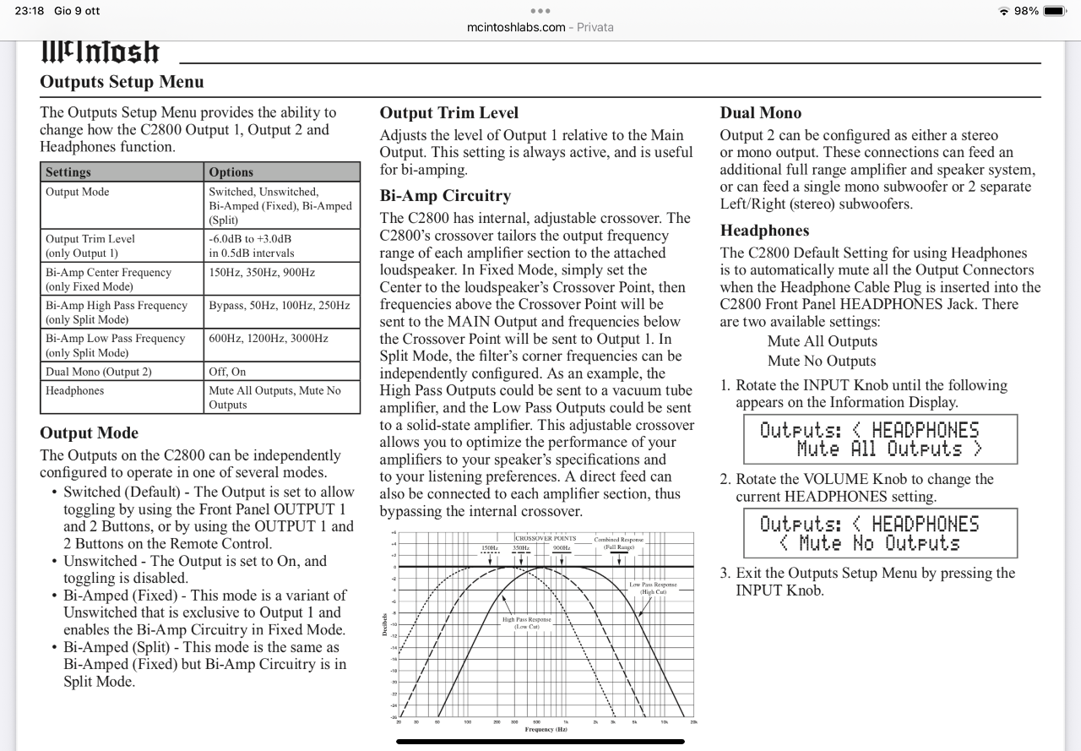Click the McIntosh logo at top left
click(x=100, y=52)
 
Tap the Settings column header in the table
click(x=68, y=171)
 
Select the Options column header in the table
click(x=231, y=171)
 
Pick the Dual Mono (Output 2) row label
click(x=99, y=371)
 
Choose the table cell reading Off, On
click(x=227, y=371)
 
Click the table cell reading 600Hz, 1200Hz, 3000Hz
click(x=268, y=338)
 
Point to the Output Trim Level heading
click(x=448, y=112)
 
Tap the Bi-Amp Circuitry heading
click(x=445, y=195)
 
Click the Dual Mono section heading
click(x=760, y=112)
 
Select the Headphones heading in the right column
click(x=764, y=230)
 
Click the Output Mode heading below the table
click(x=89, y=433)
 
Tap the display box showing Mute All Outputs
click(x=868, y=439)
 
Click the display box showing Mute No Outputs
click(x=868, y=533)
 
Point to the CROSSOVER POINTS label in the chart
click(x=546, y=538)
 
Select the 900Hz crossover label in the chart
click(x=562, y=548)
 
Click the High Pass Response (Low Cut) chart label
click(x=527, y=623)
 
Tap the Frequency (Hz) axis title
click(x=546, y=728)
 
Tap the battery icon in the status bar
click(x=1054, y=11)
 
